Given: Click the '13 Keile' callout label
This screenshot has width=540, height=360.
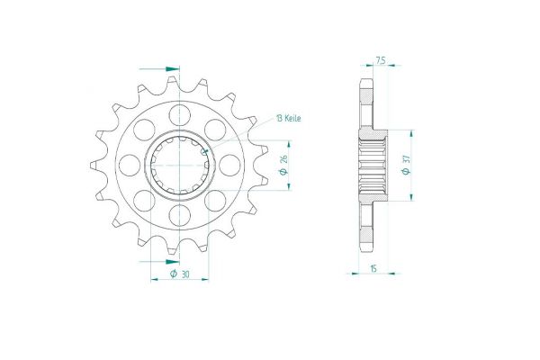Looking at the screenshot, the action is pyautogui.click(x=288, y=118).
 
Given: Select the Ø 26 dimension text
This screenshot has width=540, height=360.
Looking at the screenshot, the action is pyautogui.click(x=283, y=166).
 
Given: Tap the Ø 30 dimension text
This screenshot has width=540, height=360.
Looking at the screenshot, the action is pyautogui.click(x=180, y=274).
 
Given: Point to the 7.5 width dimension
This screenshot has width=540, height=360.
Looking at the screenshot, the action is pyautogui.click(x=380, y=61).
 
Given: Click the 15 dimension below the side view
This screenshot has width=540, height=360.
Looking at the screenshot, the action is pyautogui.click(x=373, y=268).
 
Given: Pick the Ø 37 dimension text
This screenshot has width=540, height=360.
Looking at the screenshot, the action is pyautogui.click(x=406, y=166).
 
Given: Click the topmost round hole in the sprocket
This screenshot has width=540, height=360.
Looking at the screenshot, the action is pyautogui.click(x=180, y=114).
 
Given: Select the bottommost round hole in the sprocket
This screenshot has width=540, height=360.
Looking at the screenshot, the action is pyautogui.click(x=180, y=216).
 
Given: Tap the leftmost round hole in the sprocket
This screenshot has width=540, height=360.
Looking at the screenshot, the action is pyautogui.click(x=130, y=166).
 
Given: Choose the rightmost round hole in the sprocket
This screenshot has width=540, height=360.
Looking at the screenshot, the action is pyautogui.click(x=229, y=166).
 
